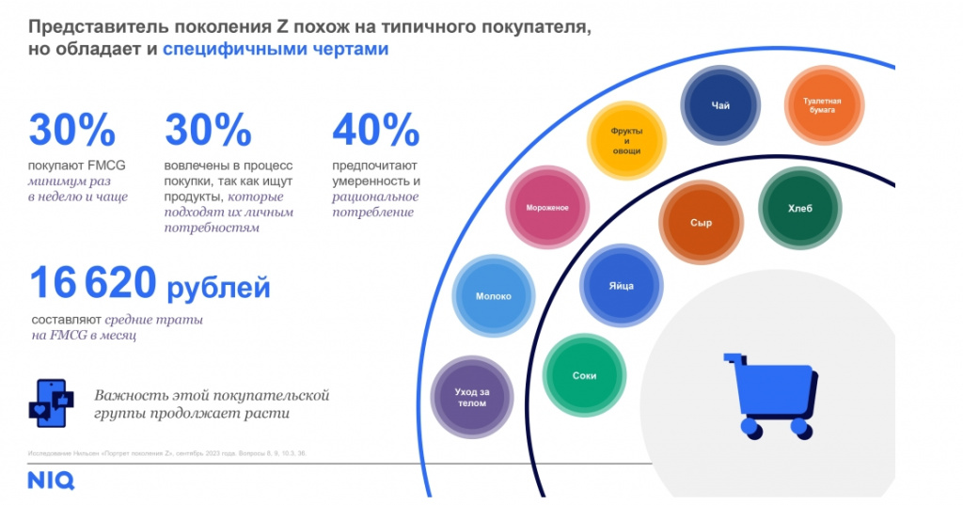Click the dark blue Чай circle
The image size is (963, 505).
[x=720, y=105]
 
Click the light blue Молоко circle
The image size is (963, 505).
[x=493, y=295]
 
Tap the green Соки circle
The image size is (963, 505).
[x=584, y=375]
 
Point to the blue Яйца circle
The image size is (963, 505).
[x=621, y=285]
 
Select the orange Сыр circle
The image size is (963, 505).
[x=700, y=223]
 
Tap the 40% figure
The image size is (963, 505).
[x=374, y=132]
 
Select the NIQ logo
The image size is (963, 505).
[x=50, y=481]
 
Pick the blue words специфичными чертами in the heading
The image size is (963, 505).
[x=276, y=51]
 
